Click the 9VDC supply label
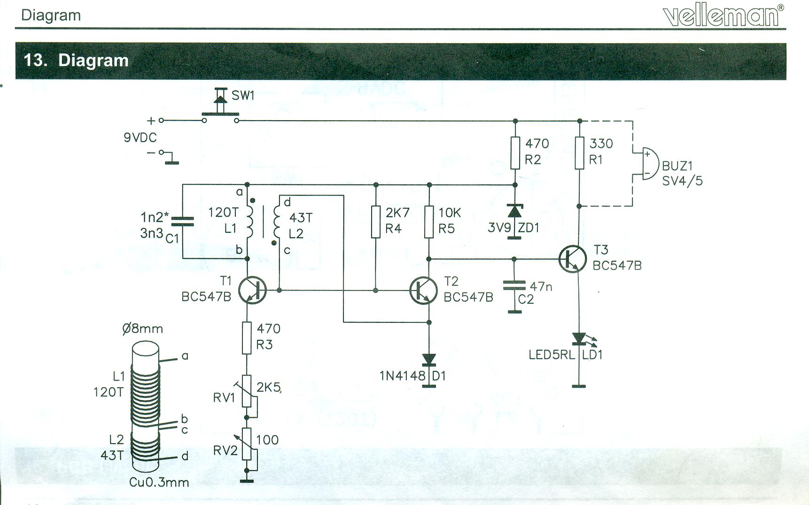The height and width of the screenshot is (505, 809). (140, 138)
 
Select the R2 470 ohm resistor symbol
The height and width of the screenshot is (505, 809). (515, 153)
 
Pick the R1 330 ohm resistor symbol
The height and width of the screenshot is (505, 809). (580, 153)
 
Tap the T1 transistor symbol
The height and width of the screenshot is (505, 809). (252, 291)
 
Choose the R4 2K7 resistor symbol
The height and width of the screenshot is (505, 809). (375, 222)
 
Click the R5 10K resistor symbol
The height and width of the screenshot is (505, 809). (428, 222)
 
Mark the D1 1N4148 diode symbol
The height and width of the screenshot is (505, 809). (428, 360)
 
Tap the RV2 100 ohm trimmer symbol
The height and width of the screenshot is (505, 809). (247, 444)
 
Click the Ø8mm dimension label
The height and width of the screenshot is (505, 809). (142, 329)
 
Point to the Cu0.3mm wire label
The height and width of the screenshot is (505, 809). (159, 482)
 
